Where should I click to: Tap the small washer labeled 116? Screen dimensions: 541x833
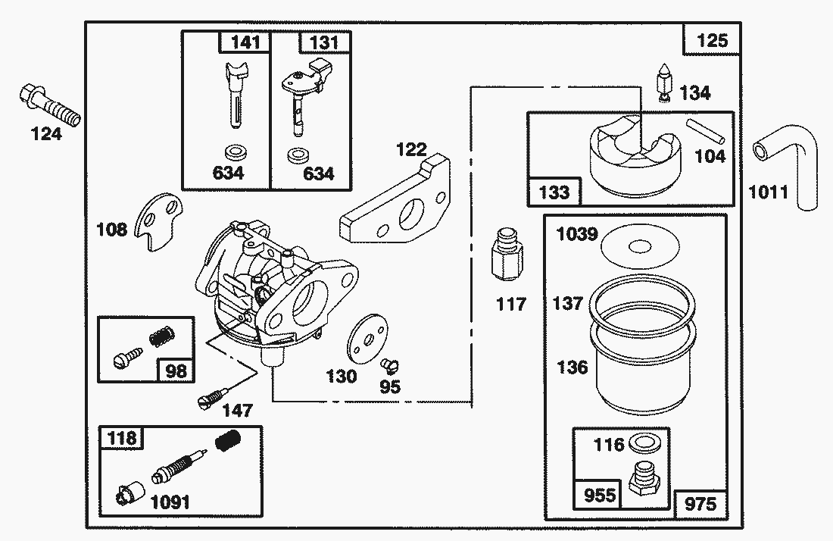[644, 442]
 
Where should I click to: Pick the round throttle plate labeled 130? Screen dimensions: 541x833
[367, 338]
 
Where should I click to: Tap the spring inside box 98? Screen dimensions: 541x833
[161, 333]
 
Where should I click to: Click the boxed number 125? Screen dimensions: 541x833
[712, 39]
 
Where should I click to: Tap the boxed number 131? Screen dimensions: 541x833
[320, 41]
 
